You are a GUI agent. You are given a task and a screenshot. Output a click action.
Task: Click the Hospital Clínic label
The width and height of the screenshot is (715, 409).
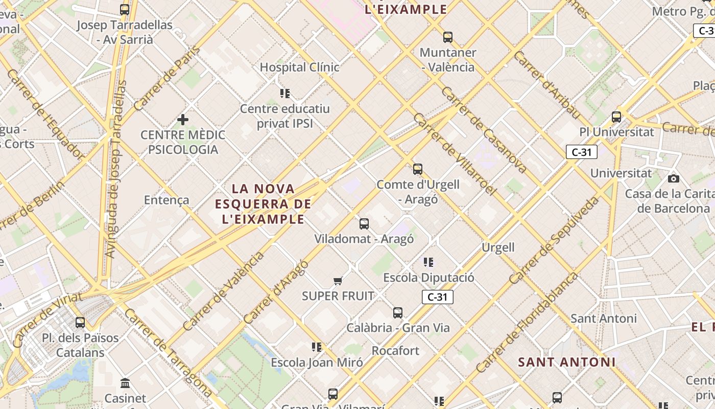(299, 67)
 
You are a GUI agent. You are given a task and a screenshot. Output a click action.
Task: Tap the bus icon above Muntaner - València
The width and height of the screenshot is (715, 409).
(448, 37)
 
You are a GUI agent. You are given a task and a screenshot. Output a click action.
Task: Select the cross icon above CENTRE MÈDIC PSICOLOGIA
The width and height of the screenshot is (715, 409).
(182, 120)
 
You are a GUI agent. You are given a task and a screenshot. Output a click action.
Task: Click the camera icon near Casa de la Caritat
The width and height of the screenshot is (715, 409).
(674, 178)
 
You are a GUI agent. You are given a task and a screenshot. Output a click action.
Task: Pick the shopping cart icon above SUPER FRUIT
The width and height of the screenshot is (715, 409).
(338, 281)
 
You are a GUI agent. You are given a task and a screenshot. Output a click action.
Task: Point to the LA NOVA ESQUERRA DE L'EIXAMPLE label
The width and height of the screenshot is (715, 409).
(263, 204)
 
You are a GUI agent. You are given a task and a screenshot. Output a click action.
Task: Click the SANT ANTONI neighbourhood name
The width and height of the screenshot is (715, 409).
(566, 362)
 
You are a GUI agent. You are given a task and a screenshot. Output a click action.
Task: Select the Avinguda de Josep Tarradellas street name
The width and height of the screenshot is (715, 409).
(115, 169)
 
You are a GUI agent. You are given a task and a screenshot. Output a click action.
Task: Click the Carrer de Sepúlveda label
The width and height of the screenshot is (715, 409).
(554, 240)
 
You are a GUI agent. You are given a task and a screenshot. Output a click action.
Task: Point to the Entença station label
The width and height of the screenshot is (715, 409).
(166, 200)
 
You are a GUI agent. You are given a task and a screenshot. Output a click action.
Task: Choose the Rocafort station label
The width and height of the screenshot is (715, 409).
(395, 351)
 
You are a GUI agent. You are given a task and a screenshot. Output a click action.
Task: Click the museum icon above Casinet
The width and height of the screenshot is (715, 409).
(125, 383)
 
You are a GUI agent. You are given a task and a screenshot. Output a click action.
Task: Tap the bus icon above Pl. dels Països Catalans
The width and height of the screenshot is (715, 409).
(80, 323)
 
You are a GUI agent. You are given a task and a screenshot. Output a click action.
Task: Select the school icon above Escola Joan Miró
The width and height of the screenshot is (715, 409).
(317, 347)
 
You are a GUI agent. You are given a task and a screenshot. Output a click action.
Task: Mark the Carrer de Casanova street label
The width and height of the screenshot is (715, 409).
(483, 130)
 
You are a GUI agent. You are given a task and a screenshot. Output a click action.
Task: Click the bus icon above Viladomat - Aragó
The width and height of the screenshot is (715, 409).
(364, 223)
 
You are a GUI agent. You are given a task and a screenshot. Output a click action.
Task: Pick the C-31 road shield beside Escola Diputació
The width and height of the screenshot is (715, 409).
(438, 297)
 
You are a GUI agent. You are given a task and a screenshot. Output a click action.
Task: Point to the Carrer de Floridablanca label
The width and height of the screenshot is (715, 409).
(527, 323)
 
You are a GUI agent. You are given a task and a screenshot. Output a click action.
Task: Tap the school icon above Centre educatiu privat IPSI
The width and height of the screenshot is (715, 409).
(285, 93)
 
